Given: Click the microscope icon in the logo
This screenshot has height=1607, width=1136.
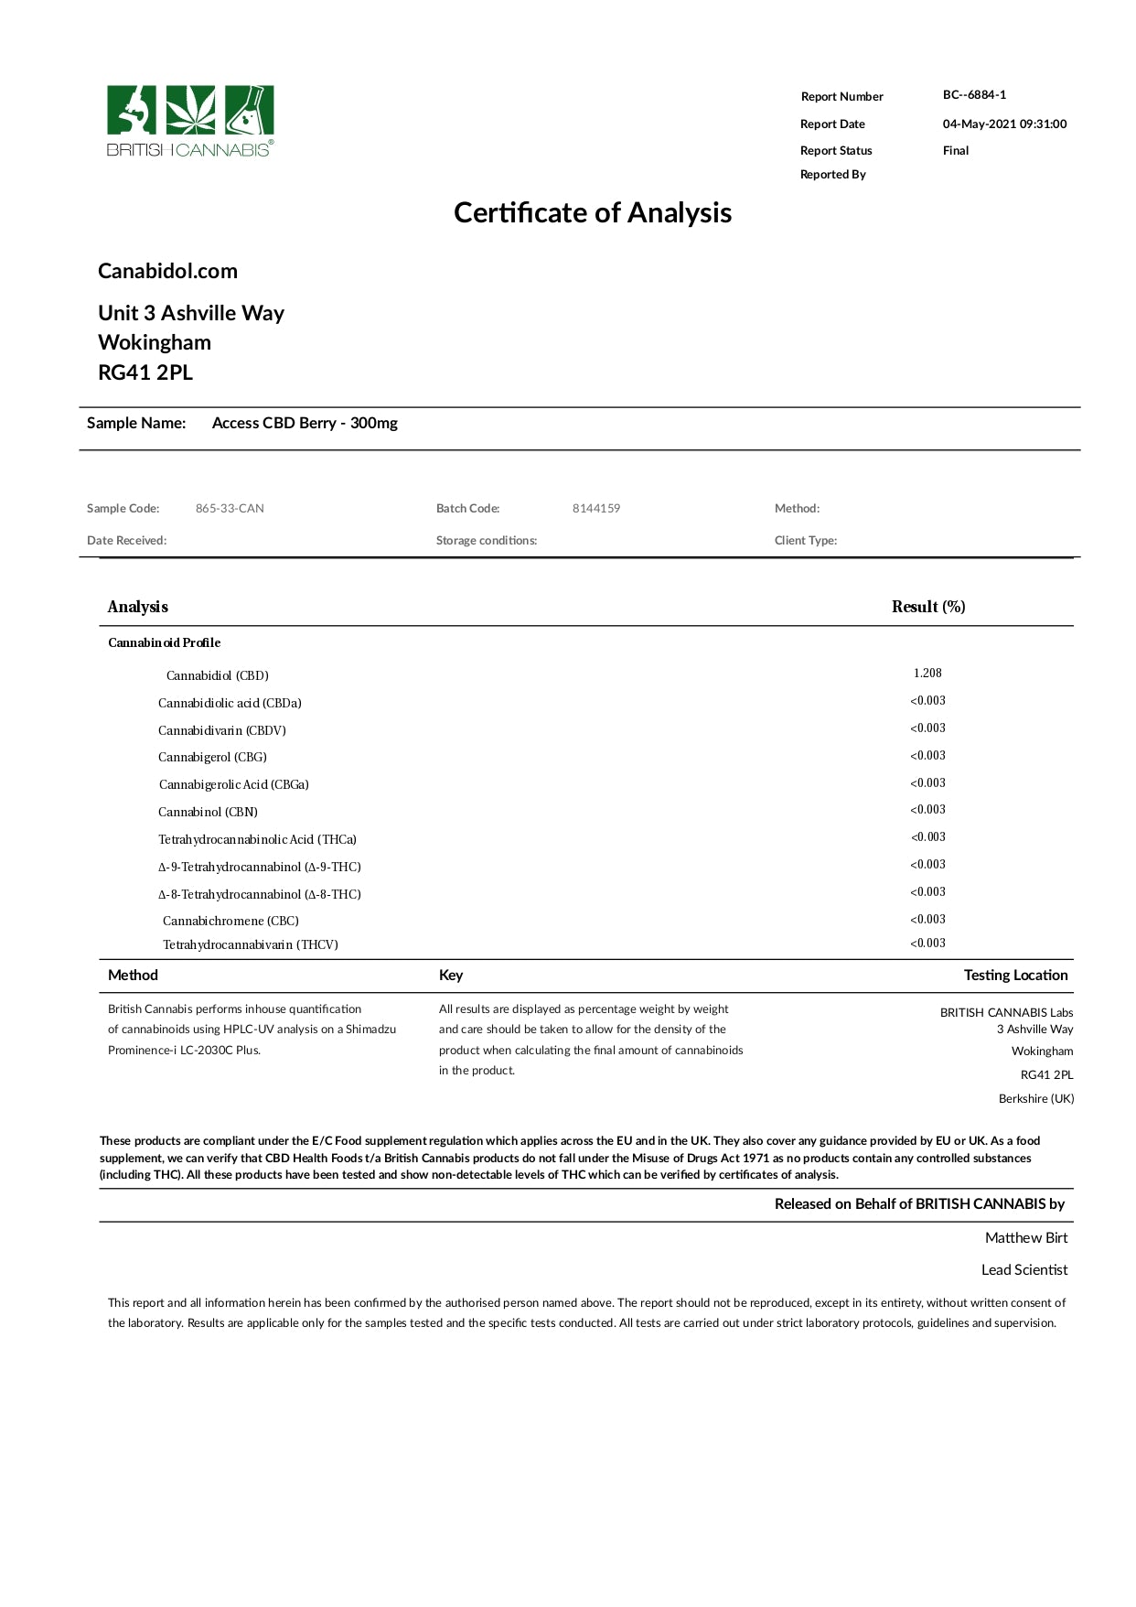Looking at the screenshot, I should point(134,111).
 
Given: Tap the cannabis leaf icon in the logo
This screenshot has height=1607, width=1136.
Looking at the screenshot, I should point(190,111).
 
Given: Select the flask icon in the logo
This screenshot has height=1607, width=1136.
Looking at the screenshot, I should point(248,111).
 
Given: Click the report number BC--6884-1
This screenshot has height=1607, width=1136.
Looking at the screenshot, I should point(974,95).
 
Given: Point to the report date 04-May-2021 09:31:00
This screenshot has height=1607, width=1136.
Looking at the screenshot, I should point(1004,124).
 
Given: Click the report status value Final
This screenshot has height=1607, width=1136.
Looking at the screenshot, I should point(955,151).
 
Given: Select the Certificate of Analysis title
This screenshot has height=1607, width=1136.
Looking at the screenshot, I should point(593,213).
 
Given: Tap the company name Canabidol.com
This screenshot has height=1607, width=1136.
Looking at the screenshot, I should point(167,271).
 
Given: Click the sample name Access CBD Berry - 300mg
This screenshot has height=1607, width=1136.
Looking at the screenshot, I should point(305,423).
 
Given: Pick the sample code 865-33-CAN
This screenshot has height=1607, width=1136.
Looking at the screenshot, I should point(230,509).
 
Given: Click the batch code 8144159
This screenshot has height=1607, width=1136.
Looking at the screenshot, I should point(596,509).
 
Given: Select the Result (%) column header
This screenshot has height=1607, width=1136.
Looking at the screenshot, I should point(928,607).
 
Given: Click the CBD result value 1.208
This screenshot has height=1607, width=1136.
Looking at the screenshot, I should point(927,674).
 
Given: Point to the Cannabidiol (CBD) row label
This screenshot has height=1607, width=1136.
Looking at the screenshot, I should point(218,676).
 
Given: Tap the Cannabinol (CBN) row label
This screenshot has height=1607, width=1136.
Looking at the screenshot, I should point(208,813).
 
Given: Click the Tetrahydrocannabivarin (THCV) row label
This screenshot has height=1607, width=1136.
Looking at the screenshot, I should point(251,945).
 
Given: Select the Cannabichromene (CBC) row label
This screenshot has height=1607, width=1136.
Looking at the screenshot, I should point(230,922).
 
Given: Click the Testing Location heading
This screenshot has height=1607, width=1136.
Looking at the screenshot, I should point(1015,976).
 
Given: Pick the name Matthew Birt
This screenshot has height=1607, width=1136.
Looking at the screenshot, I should point(1026,1238).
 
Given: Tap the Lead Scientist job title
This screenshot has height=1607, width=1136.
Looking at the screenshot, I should point(1024,1270).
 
